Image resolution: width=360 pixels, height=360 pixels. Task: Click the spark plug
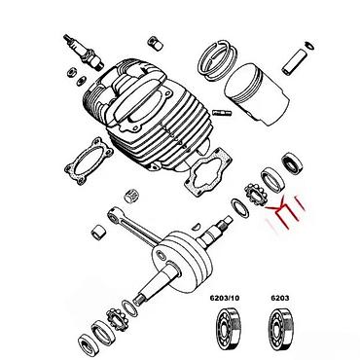click(x=84, y=52)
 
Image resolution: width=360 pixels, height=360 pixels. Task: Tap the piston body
click(x=257, y=93)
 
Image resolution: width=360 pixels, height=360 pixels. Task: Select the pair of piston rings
click(x=218, y=60)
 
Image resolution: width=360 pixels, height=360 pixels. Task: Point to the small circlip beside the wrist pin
click(x=309, y=46)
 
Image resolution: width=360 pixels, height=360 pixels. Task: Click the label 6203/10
click(x=225, y=298)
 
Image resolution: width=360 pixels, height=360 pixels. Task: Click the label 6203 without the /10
click(x=280, y=298)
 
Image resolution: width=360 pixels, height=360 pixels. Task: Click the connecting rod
click(x=135, y=226)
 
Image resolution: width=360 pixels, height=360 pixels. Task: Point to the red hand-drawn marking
click(x=285, y=212)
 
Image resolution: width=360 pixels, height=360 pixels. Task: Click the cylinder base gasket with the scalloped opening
click(x=208, y=173)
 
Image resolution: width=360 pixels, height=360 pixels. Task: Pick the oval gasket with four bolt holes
click(x=89, y=162)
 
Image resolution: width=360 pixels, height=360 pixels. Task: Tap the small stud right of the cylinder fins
click(x=222, y=113)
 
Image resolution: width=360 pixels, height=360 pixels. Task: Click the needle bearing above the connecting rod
click(x=131, y=195)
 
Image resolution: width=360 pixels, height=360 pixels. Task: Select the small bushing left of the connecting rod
click(x=97, y=233)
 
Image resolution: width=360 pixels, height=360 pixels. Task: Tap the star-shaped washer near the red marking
click(x=256, y=195)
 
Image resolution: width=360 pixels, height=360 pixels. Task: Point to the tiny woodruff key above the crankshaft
click(x=195, y=226)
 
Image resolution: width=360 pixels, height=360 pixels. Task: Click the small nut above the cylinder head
click(x=156, y=44)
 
